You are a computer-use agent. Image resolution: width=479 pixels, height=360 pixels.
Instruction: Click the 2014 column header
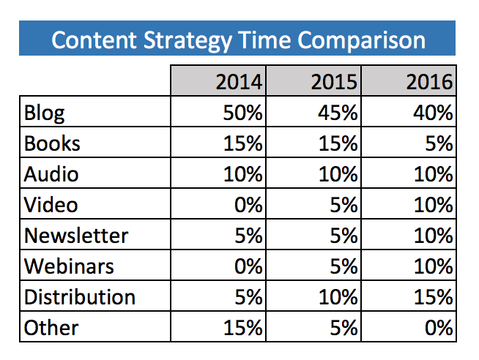pyautogui.click(x=239, y=82)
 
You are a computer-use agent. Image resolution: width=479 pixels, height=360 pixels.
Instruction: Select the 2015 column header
pyautogui.click(x=335, y=82)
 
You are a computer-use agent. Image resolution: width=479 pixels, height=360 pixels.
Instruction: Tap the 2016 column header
pyautogui.click(x=430, y=82)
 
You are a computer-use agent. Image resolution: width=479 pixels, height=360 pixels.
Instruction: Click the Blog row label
pyautogui.click(x=45, y=113)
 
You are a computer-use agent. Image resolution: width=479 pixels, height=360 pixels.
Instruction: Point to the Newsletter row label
pyautogui.click(x=76, y=236)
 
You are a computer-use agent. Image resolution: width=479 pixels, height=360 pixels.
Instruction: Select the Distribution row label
pyautogui.click(x=80, y=297)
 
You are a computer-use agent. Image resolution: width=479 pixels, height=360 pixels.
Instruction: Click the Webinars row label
pyautogui.click(x=69, y=266)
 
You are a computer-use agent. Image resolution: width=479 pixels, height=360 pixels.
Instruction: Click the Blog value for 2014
pyautogui.click(x=239, y=113)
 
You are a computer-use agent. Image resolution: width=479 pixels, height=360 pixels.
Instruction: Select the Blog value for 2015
pyautogui.click(x=335, y=113)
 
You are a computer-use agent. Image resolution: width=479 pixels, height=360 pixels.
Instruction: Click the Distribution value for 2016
pyautogui.click(x=430, y=297)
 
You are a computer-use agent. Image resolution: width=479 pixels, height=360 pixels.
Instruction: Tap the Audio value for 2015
pyautogui.click(x=335, y=175)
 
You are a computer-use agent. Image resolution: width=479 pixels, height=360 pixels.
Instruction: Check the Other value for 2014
pyautogui.click(x=239, y=328)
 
